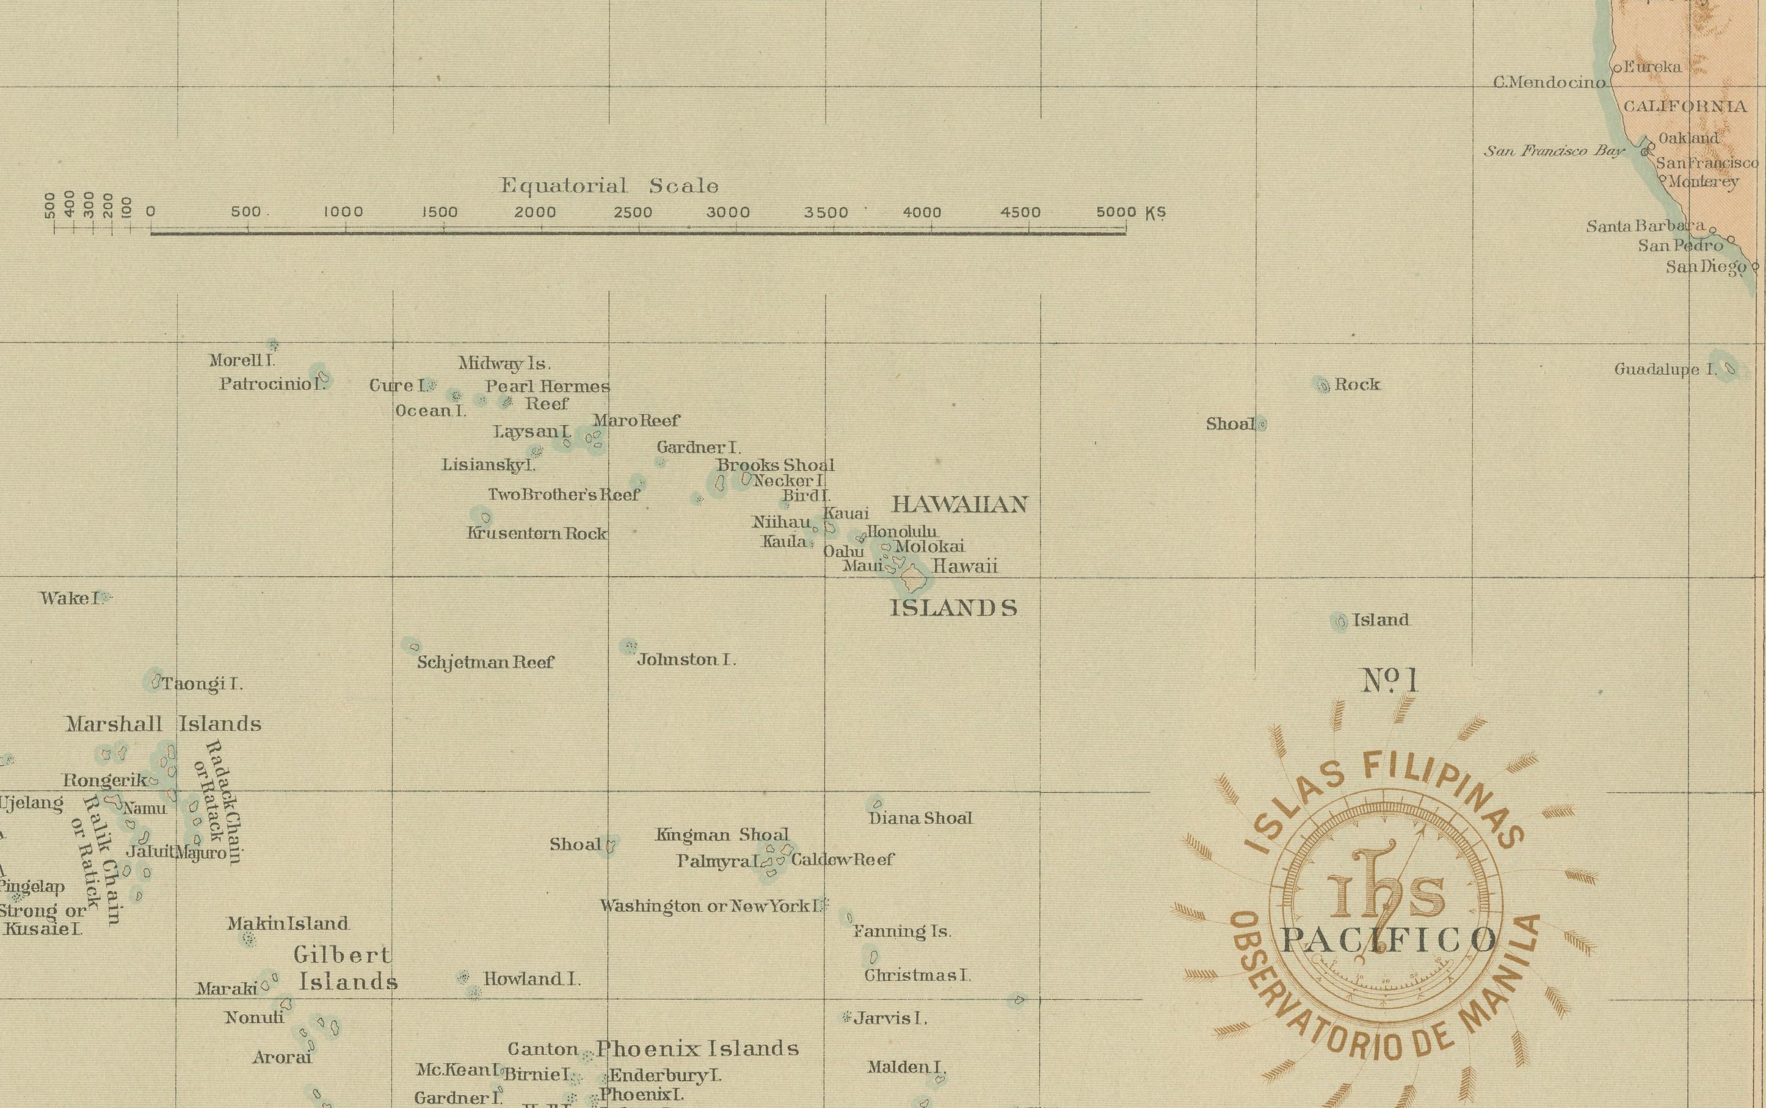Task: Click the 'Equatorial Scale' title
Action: point(609,186)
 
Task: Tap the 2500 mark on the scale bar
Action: point(638,233)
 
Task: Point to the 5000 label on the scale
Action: point(1116,213)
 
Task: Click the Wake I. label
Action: point(70,598)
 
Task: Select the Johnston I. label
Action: point(686,660)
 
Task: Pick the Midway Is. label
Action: point(504,363)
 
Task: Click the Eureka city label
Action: point(1652,67)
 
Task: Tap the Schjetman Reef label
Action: point(485,663)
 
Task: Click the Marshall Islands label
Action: point(163,724)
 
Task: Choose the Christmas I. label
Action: point(917,975)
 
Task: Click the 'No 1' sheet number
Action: point(1389,681)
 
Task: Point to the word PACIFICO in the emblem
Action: point(1388,939)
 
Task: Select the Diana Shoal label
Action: point(920,818)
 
